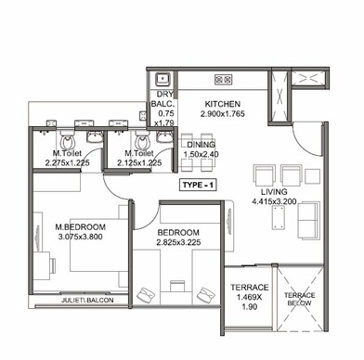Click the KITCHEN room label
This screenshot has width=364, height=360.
coord(223,103)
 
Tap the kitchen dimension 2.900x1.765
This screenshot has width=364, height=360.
coord(223,113)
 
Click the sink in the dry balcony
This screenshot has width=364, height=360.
coord(162,80)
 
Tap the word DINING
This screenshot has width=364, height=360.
coord(203,145)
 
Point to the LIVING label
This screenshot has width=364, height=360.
coord(274,192)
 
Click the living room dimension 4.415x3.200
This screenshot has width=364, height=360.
coord(274,202)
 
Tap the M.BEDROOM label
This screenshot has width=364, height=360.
coord(80,226)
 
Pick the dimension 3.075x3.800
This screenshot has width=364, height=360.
coord(80,237)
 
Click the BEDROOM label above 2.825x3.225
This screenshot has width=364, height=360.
coord(178,232)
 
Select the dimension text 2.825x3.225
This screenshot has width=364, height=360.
coord(178,242)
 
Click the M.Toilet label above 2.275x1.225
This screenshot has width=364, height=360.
coord(65,153)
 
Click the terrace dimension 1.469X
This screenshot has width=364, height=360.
coord(250,298)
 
